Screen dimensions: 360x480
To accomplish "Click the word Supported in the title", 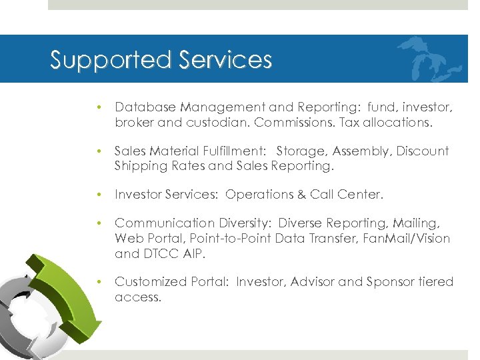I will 100,61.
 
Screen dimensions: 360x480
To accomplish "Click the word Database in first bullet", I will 142,107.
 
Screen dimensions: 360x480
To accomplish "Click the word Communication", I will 161,223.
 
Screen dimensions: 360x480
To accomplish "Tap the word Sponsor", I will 390,282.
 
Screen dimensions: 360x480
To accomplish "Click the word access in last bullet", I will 137,297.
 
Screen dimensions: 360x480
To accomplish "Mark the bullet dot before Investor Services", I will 98,195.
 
